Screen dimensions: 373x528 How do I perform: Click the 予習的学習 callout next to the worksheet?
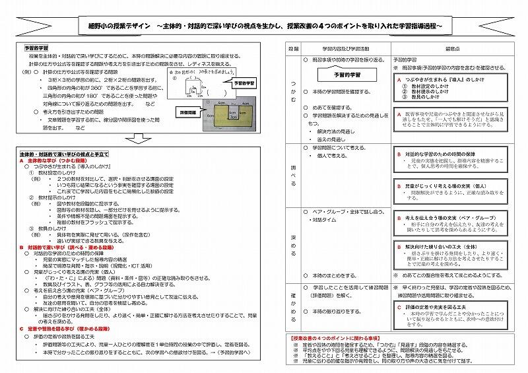pos(246,85)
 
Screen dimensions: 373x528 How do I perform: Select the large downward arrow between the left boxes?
pos(139,139)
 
